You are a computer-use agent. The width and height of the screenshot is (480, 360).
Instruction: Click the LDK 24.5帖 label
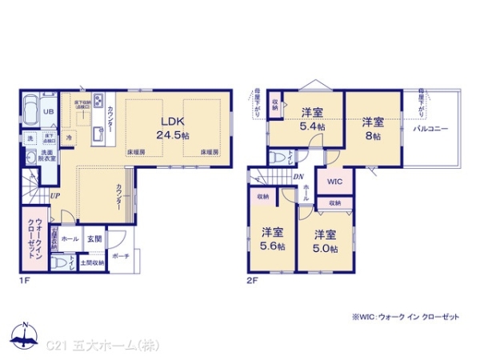[x=174, y=129]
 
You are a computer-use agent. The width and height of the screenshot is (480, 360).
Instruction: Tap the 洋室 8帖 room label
[x=372, y=129]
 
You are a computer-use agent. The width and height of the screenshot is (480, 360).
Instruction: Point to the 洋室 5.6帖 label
[x=273, y=239]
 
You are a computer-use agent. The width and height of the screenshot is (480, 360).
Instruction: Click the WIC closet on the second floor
[x=335, y=182]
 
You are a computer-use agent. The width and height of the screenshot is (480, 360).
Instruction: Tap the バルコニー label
[x=430, y=128]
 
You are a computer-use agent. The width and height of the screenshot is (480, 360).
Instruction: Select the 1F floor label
[x=26, y=280]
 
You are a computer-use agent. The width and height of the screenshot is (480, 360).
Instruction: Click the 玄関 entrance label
[x=94, y=238]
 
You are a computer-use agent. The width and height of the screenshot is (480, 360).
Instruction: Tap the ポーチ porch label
[x=121, y=257]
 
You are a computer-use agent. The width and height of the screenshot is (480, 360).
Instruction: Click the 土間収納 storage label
[x=92, y=262]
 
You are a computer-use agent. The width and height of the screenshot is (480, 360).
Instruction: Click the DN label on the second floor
[x=298, y=178]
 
